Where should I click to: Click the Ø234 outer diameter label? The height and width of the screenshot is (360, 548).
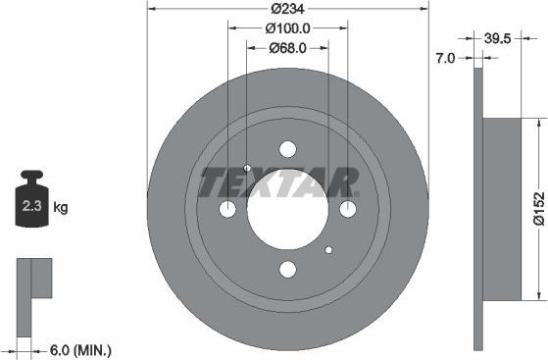287,10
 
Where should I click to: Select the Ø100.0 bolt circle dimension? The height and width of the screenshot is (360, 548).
287,28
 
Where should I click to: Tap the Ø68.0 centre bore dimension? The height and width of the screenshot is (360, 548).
287,47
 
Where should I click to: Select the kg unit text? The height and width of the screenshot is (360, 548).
61,208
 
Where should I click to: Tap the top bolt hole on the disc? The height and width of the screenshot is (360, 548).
287,149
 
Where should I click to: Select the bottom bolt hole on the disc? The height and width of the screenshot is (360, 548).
287,269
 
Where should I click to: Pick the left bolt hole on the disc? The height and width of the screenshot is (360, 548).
227,209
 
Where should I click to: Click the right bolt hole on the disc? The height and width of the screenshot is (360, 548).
347,209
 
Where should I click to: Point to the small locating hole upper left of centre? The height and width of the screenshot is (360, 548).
247,168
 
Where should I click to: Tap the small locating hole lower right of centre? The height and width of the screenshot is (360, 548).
328,249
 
